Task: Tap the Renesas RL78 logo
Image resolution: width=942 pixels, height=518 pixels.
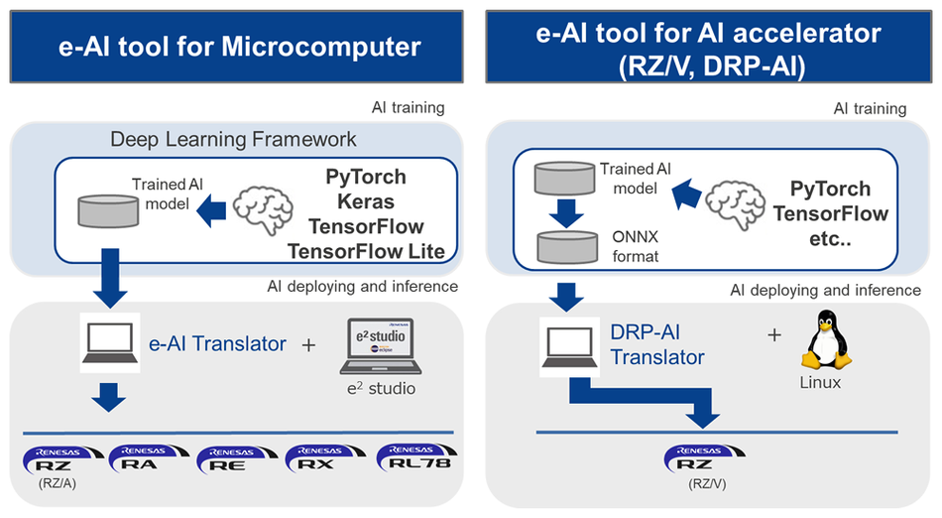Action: pos(412,457)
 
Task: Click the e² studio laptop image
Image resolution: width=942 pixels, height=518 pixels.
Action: pos(378,346)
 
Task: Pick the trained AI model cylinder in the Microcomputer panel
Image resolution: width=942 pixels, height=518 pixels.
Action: pos(107,210)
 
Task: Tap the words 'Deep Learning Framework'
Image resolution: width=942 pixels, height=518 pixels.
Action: pos(233,139)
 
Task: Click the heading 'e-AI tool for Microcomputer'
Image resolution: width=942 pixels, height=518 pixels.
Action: pos(236,46)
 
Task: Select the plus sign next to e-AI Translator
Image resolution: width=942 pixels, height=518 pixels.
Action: pos(308,345)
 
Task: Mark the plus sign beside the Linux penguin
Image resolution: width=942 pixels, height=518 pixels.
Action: pos(774,334)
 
